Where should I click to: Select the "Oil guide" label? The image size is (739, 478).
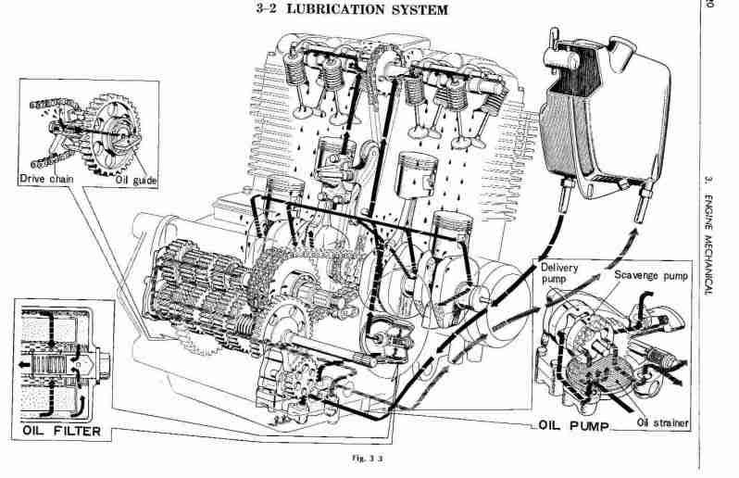coord(136,180)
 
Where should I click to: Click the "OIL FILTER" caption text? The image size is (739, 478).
coord(62,431)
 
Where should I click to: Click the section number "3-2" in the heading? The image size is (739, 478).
coord(269,10)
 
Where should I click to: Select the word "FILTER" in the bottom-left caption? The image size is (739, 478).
coord(80,431)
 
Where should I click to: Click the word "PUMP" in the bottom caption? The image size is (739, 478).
coord(590,427)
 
